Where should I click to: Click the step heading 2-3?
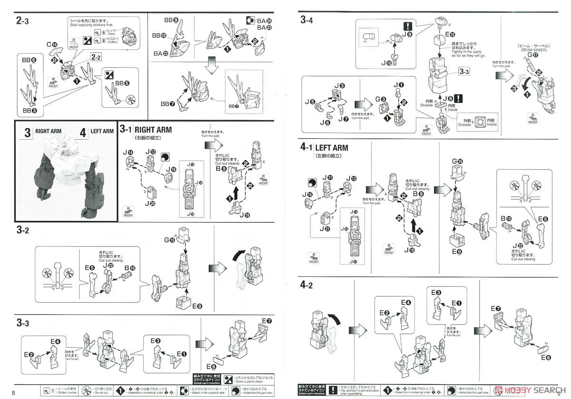[x=23, y=20]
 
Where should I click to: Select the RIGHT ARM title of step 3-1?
[x=153, y=130]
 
